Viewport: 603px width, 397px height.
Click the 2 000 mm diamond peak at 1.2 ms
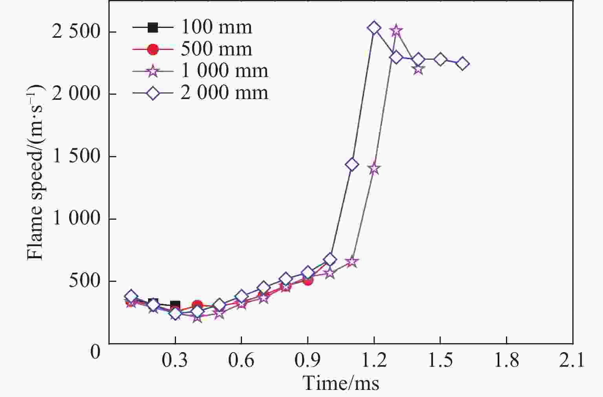point(374,28)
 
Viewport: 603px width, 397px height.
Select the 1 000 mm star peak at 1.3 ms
point(396,30)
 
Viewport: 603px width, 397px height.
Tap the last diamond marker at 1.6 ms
point(462,64)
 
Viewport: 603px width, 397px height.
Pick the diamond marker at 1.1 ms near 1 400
point(352,164)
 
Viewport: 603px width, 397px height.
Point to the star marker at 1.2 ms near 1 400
point(374,169)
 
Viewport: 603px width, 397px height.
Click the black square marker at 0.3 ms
point(175,305)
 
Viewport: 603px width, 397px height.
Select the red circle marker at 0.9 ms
point(308,280)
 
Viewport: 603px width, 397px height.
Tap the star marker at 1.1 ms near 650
point(352,262)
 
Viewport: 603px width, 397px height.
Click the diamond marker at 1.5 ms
point(440,60)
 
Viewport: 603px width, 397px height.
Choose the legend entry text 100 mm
point(216,28)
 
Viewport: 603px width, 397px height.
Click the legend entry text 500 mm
point(216,49)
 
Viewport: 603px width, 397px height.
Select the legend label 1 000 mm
point(224,71)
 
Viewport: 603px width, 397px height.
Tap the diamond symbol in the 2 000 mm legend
point(153,93)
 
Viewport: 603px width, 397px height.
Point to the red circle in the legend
point(153,49)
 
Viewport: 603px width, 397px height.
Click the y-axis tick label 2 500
point(76,32)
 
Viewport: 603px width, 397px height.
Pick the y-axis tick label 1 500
point(76,156)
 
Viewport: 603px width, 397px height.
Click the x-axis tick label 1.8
point(506,360)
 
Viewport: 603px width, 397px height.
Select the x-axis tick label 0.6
point(241,360)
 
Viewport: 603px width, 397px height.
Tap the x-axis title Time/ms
point(341,383)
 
